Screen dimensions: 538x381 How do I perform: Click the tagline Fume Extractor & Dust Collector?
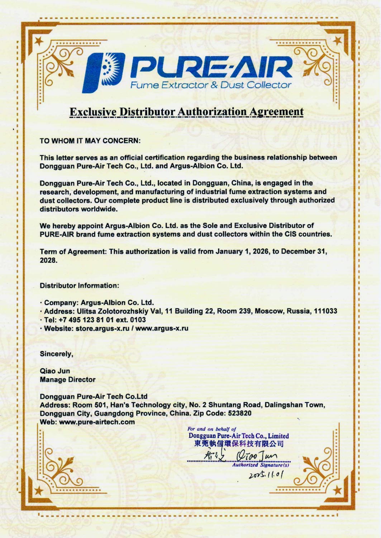pyautogui.click(x=210, y=85)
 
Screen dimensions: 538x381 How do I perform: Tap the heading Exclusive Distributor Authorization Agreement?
pyautogui.click(x=186, y=112)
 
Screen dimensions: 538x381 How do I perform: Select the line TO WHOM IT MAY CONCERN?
pyautogui.click(x=90, y=141)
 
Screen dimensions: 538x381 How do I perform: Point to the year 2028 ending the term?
pyautogui.click(x=48, y=260)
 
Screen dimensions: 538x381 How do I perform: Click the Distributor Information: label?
pyautogui.click(x=79, y=286)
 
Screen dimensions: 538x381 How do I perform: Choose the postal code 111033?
pyautogui.click(x=325, y=311)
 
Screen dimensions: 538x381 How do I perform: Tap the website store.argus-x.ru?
pyautogui.click(x=102, y=329)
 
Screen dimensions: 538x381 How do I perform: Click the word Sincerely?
pyautogui.click(x=56, y=354)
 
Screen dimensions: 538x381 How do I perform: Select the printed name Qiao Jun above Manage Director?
pyautogui.click(x=55, y=371)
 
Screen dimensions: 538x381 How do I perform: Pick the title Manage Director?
pyautogui.click(x=67, y=379)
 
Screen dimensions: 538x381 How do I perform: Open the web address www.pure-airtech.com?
pyautogui.click(x=97, y=422)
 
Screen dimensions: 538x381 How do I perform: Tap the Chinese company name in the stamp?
pyautogui.click(x=239, y=444)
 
